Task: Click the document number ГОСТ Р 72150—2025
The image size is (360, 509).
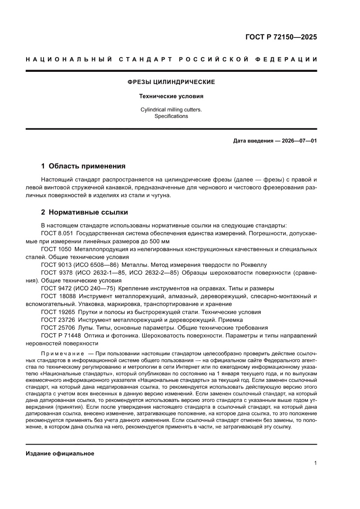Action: tap(281, 37)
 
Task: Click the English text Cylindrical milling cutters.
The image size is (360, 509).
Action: tap(171, 110)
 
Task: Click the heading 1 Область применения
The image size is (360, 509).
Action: tap(83, 166)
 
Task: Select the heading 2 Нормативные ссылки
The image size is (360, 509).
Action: tap(84, 212)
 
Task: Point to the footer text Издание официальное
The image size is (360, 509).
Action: tap(60, 454)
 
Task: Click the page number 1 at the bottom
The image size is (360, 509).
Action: tap(315, 463)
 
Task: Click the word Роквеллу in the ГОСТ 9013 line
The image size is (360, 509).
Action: tap(255, 265)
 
